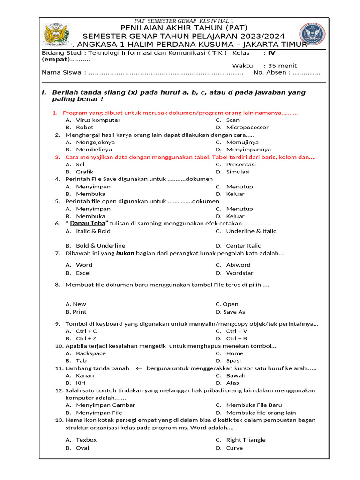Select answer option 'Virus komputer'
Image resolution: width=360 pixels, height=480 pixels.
98,120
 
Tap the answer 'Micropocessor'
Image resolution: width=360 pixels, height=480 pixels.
247,127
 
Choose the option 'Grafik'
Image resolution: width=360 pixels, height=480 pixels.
85,172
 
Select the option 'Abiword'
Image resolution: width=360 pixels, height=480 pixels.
238,265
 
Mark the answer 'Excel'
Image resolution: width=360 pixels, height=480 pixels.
83,273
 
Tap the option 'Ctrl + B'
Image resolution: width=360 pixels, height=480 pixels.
236,338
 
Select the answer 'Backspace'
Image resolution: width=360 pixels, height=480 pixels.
91,353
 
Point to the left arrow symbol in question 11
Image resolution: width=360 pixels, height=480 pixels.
138,368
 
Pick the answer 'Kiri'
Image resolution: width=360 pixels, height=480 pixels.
81,383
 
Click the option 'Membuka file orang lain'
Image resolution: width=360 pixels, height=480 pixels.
261,412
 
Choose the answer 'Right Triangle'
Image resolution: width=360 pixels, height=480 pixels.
246,440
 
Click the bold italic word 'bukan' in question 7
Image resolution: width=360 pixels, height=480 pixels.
126,254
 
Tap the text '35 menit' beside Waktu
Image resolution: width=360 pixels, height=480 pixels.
283,66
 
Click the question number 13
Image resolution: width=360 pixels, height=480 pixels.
59,420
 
